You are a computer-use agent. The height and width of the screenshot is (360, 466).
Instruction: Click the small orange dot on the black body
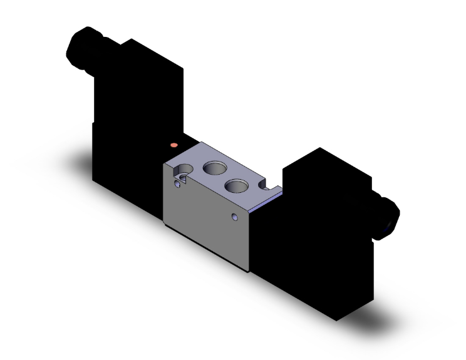click(x=173, y=145)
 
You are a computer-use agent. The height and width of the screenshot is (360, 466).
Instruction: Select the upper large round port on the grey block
click(x=214, y=167)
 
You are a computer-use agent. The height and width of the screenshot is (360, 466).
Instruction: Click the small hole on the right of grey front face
click(x=234, y=217)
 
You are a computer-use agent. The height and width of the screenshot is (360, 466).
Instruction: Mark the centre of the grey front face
click(x=207, y=219)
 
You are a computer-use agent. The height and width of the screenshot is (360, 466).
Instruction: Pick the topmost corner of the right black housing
click(x=320, y=148)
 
